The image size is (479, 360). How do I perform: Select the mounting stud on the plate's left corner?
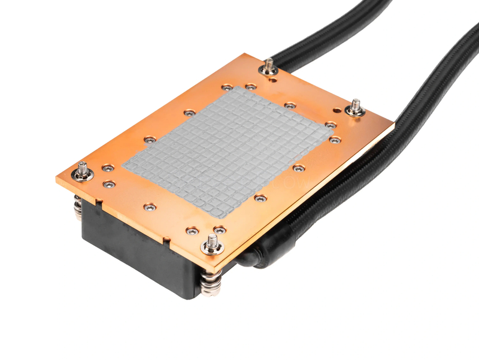coord(82,171)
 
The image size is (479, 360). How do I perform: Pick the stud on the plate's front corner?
coord(212,244)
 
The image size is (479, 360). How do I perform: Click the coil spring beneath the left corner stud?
coord(78,207)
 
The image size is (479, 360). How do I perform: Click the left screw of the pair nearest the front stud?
coord(191,231)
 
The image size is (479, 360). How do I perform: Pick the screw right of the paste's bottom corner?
coord(259,197)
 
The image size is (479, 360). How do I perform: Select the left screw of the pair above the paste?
coord(226,87)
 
